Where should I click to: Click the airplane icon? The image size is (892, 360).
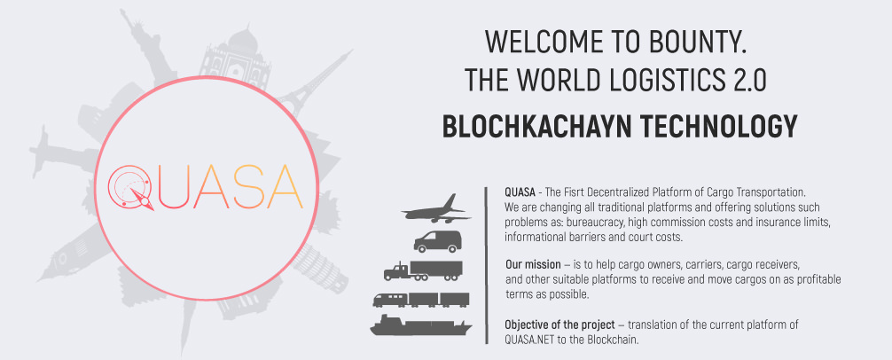click(436, 210)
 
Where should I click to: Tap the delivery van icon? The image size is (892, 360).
click(437, 242)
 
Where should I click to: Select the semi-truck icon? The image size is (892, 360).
click(423, 270)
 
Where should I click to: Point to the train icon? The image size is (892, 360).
click(421, 300)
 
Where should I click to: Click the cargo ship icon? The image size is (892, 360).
click(421, 325)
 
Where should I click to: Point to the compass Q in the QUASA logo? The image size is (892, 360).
click(130, 187)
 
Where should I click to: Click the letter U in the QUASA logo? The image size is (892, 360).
click(176, 187)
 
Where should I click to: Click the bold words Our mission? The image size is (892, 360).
click(527, 266)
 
